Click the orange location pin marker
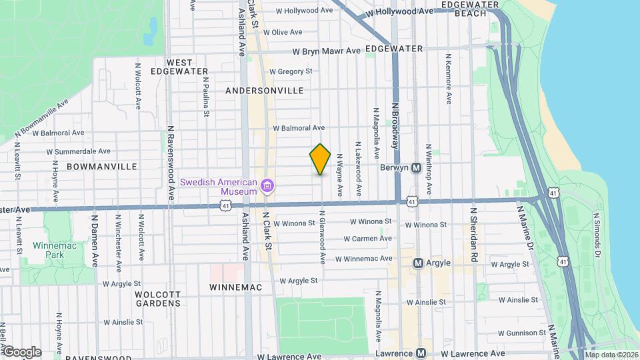point(320,159)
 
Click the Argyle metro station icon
point(419,263)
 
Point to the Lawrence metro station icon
point(421,353)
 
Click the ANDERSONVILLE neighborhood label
point(265,91)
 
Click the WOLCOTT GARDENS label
point(158,298)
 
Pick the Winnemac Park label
point(48,250)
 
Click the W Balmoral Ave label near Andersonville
point(299,127)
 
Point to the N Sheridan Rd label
point(474,233)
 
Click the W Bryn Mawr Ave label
point(327,51)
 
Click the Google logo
point(21,352)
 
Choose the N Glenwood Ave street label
point(323,237)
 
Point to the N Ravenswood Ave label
point(171,163)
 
